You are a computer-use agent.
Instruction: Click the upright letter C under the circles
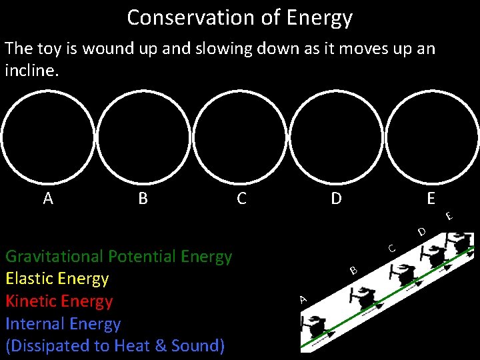click(x=241, y=198)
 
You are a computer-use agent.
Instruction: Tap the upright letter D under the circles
click(x=337, y=198)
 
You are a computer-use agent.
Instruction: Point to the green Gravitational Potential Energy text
click(x=119, y=256)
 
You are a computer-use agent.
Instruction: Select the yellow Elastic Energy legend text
click(x=57, y=279)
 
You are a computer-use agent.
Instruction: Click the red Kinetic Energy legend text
click(x=59, y=301)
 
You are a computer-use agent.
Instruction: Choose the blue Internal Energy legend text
click(x=63, y=324)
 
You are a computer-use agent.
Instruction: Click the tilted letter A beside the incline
click(x=303, y=299)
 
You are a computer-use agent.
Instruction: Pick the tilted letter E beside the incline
click(x=450, y=215)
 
